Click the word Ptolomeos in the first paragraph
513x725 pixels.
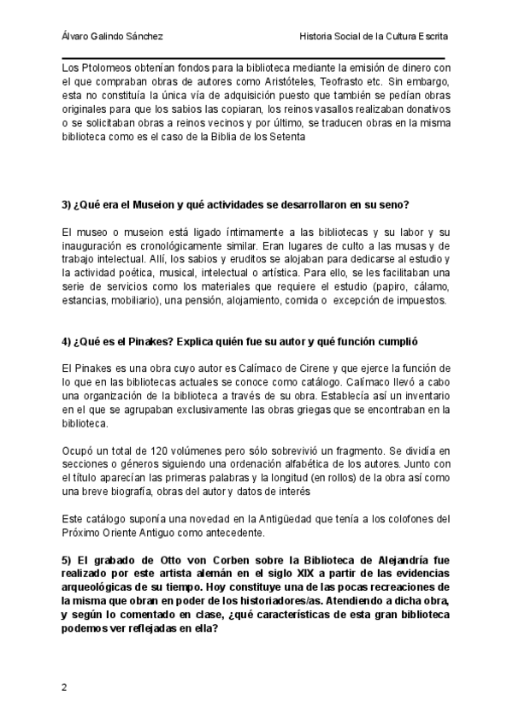[x=104, y=68]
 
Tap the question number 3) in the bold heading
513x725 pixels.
[x=68, y=204]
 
